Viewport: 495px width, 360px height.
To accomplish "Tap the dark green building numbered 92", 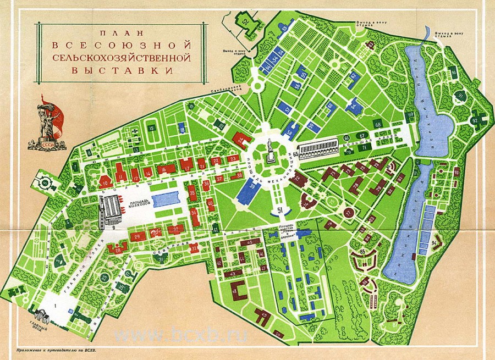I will coord(475,119).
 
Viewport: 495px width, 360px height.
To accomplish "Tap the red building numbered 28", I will coord(118,248).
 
